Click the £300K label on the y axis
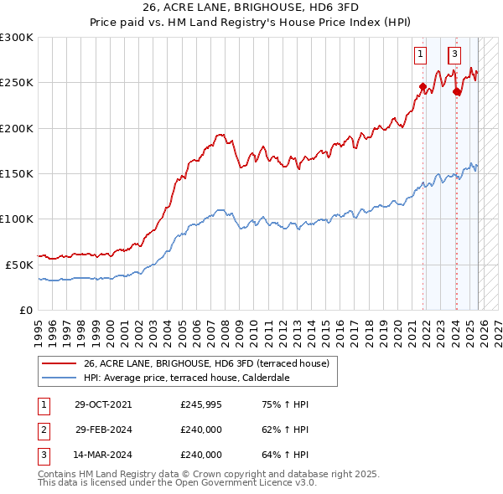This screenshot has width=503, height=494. pyautogui.click(x=17, y=38)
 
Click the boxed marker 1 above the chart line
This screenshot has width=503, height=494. pyautogui.click(x=419, y=56)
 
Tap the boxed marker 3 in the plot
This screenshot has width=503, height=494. pyautogui.click(x=454, y=56)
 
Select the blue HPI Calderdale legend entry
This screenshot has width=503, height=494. pyautogui.click(x=186, y=378)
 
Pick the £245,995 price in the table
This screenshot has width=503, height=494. pyautogui.click(x=201, y=404)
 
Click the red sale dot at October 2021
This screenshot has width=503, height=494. pyautogui.click(x=423, y=85)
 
